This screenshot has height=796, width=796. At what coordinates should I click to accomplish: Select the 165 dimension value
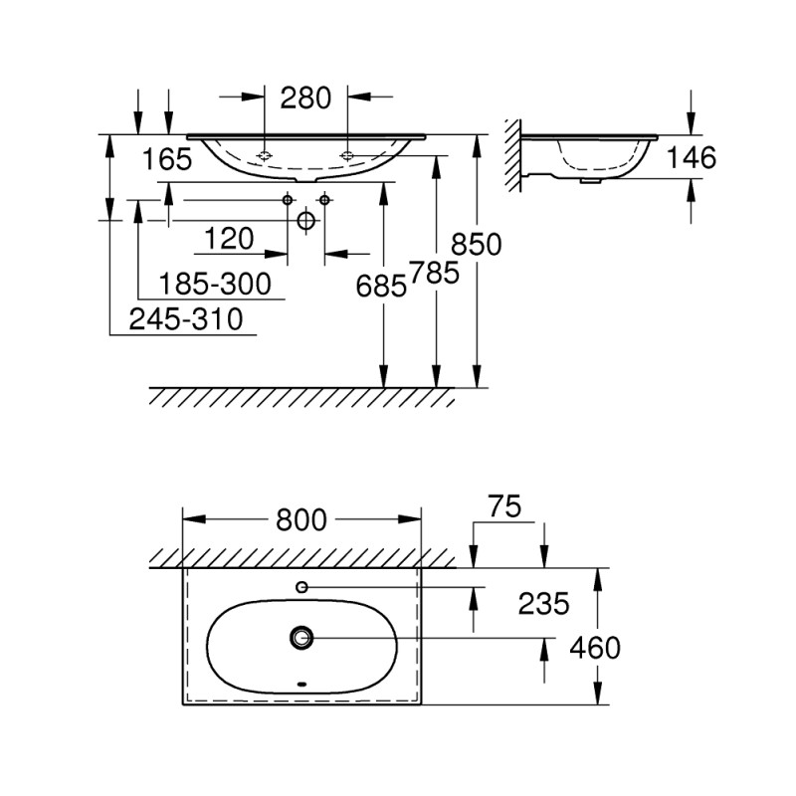pos(166,159)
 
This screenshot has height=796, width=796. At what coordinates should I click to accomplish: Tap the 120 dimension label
pos(229,238)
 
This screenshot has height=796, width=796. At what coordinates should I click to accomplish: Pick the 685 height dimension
pos(382,286)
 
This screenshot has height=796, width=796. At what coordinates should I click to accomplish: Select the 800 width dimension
pos(300,518)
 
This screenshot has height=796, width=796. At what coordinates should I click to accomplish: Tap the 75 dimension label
pos(505,506)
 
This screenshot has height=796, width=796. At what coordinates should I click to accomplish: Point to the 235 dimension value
pos(543,602)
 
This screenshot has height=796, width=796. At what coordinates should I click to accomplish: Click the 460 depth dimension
pos(595,648)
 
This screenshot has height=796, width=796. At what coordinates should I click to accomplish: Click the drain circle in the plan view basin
pos(301,636)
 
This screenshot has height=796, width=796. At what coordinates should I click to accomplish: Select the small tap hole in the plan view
pos(301,587)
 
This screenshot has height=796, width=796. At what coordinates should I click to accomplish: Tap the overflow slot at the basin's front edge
pos(301,685)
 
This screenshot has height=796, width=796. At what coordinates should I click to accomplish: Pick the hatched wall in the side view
pos(511,154)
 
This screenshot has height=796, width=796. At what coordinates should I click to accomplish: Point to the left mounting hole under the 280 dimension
pos(265,155)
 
